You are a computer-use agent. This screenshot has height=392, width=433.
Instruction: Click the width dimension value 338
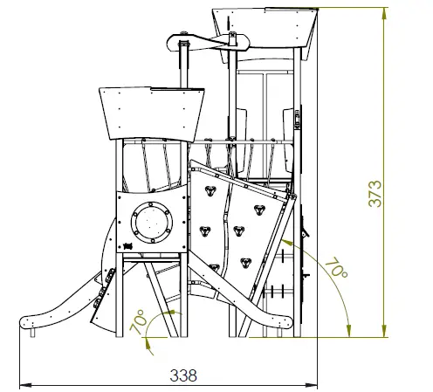[183, 375]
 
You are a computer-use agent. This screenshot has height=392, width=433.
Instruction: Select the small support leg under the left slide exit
[31, 333]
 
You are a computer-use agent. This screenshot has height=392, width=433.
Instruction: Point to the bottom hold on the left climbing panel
[206, 231]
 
